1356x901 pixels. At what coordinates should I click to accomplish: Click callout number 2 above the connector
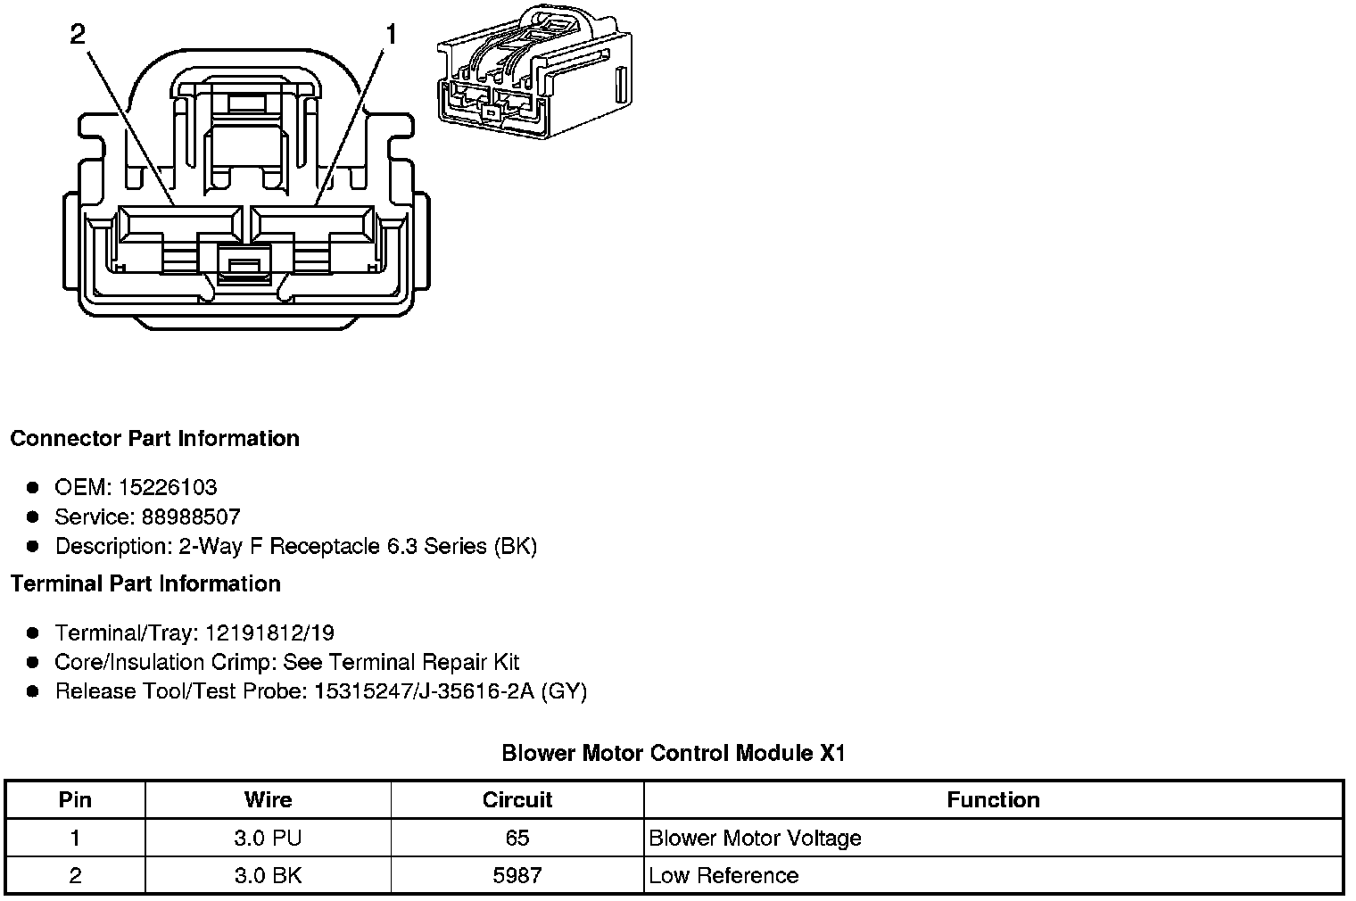(79, 35)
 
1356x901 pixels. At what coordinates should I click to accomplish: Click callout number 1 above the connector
(391, 35)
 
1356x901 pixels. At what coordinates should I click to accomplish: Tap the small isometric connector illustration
(534, 71)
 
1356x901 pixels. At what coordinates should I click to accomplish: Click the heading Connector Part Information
(155, 438)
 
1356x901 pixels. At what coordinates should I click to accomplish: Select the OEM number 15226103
(168, 487)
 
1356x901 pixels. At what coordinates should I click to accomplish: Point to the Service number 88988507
(191, 517)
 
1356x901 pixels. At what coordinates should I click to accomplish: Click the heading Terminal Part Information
(146, 583)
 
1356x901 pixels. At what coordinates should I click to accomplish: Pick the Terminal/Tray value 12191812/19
(270, 632)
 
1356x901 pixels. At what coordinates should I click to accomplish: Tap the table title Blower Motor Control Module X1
(674, 753)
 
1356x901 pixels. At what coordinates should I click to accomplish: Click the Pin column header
(75, 800)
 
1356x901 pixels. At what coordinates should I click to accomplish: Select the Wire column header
(269, 800)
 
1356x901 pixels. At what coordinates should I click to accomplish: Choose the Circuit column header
(517, 800)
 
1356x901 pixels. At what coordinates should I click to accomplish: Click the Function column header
(994, 800)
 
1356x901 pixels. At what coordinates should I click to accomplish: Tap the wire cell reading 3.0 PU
(269, 838)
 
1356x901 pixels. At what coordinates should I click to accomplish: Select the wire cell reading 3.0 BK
(269, 875)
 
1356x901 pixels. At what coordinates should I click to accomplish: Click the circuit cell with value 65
(517, 838)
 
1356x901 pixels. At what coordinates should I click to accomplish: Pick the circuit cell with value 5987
(517, 875)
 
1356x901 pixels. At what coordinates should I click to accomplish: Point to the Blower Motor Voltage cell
(755, 838)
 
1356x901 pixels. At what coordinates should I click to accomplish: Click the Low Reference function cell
(724, 875)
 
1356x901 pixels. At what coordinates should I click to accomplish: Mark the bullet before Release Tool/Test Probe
(33, 691)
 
